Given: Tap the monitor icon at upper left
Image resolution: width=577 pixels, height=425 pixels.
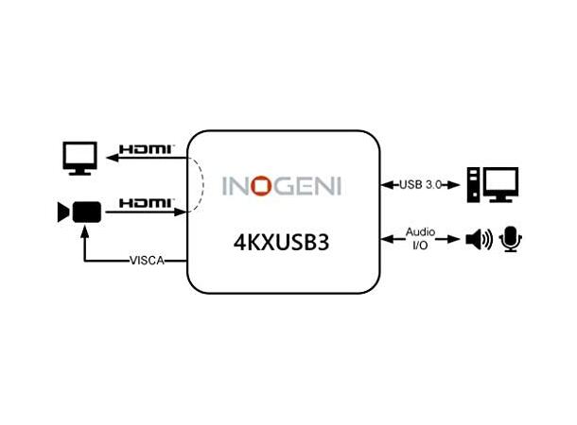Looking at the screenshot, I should coord(79,158).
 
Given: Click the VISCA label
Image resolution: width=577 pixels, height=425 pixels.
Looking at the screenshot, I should coord(147,261).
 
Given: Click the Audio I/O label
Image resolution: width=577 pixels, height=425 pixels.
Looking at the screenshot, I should coord(420,237).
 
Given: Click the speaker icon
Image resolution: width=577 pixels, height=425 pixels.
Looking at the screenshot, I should coord(479,240).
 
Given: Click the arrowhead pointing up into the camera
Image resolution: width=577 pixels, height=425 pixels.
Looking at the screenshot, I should coord(86,229).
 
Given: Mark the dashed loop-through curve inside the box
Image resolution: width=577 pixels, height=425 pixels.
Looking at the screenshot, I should coord(200,185).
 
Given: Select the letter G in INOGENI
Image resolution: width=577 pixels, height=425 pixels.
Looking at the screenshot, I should coord(282,184).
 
